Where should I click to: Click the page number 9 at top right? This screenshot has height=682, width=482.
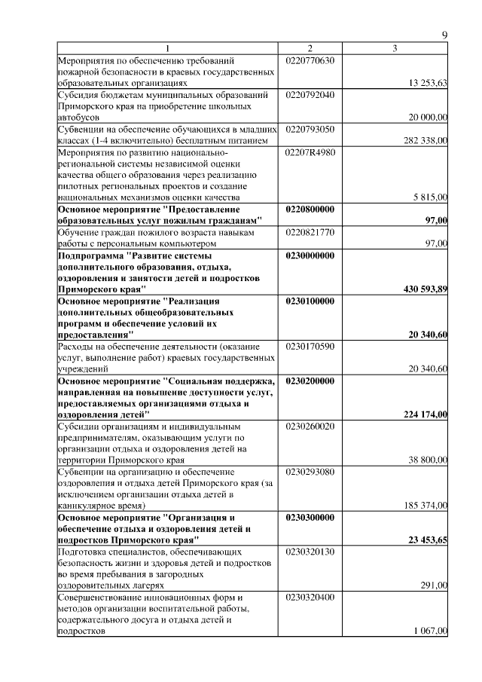444,35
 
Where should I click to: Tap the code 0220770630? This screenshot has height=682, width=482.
310,60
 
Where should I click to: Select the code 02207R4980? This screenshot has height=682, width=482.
310,151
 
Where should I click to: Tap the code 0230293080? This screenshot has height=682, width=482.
310,472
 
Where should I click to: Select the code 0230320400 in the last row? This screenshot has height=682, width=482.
310,598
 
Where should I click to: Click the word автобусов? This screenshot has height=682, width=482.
81,118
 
